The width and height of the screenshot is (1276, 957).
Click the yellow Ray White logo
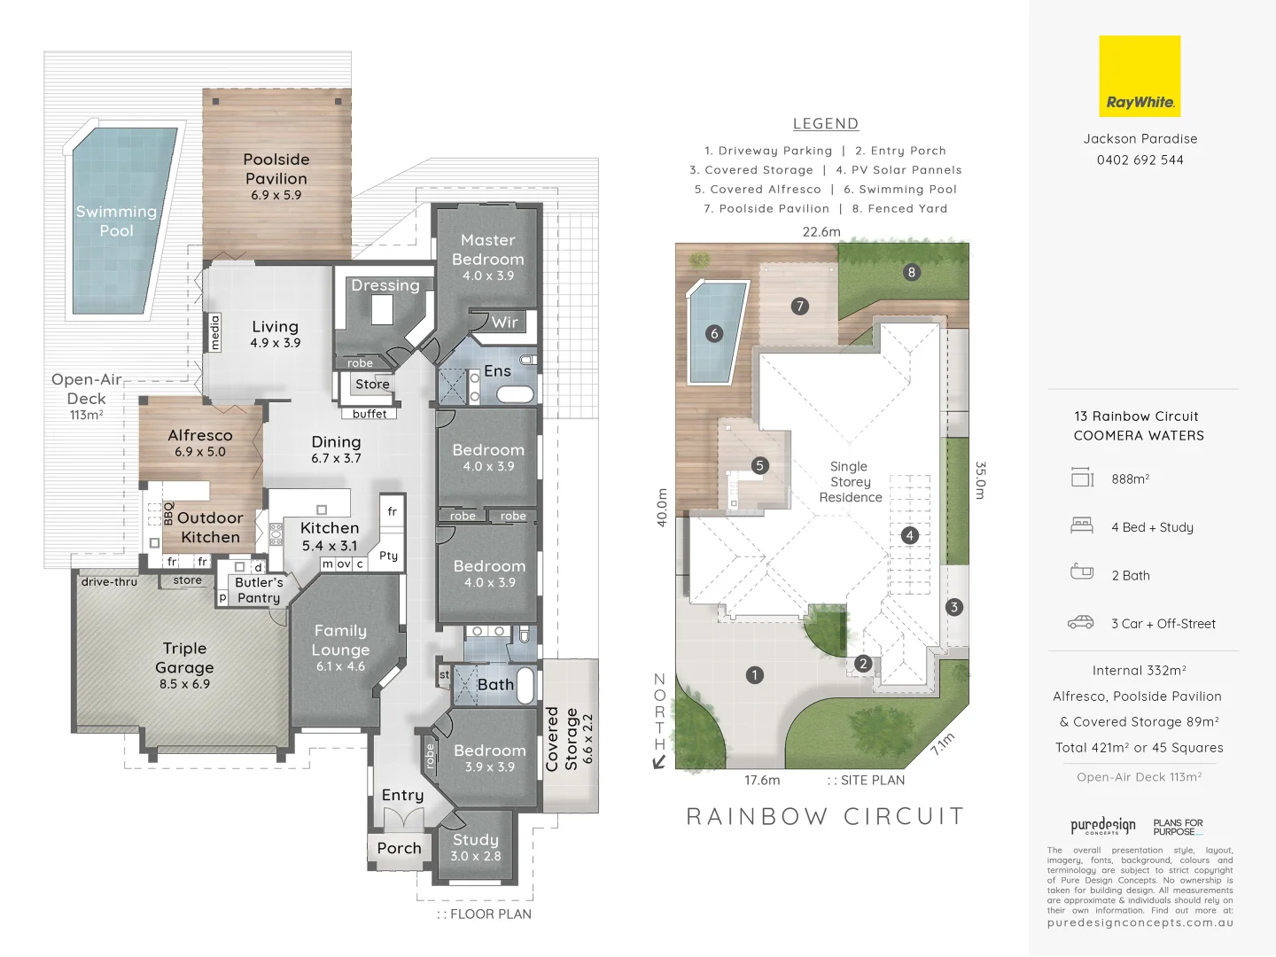1140,76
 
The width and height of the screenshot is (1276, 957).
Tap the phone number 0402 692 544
1140,160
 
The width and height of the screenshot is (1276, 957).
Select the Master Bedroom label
487,250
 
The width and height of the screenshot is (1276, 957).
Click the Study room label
476,840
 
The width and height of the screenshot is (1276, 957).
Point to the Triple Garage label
184,657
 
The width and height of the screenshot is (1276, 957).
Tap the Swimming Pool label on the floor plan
116,221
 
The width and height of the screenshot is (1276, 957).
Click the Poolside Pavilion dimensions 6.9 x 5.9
276,196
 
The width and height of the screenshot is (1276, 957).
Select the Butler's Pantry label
259,590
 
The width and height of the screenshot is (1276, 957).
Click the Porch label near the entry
399,848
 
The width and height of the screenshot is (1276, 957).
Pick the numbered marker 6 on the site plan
714,333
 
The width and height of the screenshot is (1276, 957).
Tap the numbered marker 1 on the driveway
754,675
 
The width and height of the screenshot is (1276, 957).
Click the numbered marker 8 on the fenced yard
911,272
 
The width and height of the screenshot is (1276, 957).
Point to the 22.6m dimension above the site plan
821,232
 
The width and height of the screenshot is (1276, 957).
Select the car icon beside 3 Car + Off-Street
1080,623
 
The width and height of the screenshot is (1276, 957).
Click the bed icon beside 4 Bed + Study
1081,525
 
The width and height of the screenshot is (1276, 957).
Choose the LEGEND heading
825,124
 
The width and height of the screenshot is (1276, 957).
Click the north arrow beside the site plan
658,761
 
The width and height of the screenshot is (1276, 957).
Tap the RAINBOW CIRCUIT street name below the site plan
825,816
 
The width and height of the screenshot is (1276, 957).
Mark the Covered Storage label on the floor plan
562,739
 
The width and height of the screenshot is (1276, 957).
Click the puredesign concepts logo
1102,827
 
